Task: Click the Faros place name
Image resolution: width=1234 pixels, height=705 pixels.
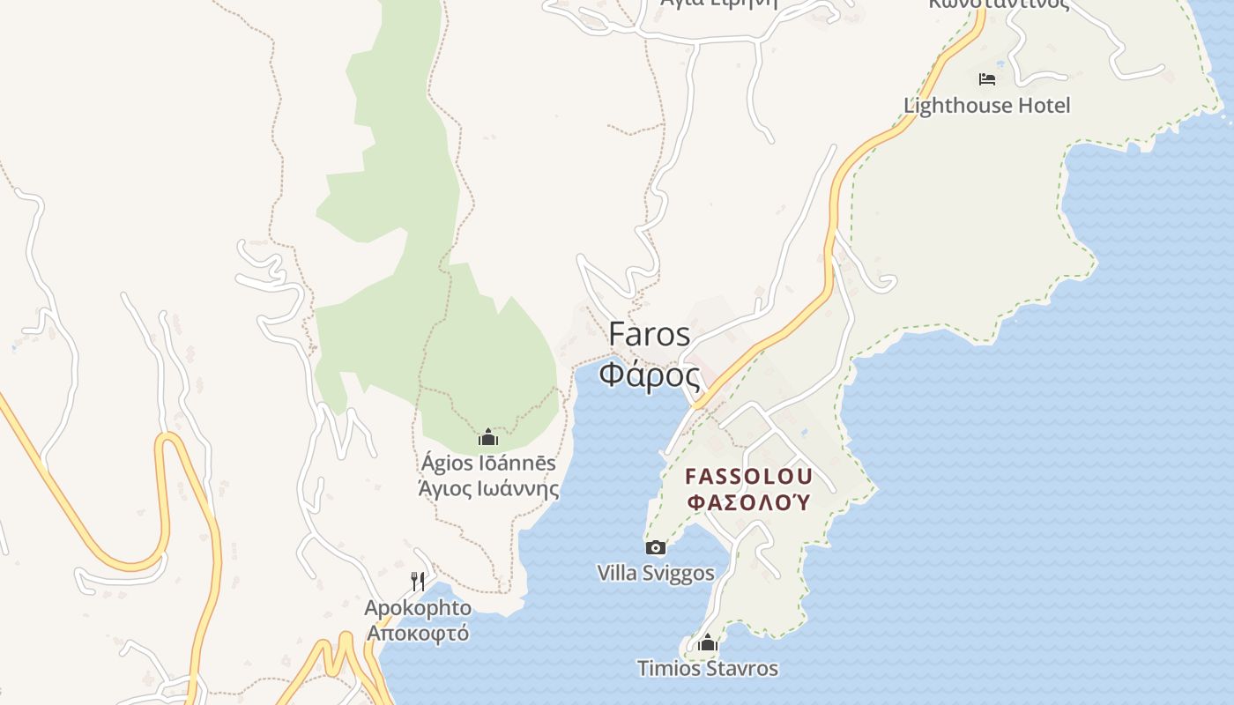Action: tap(650, 335)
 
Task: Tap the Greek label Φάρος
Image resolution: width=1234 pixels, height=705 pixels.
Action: tap(650, 375)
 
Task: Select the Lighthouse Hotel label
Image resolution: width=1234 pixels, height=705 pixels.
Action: tap(986, 106)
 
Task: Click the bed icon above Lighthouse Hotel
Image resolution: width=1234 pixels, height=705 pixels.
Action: tap(987, 79)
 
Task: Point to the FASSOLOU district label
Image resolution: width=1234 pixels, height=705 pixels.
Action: tap(748, 477)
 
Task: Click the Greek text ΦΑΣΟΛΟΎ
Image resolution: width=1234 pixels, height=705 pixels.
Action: tap(748, 502)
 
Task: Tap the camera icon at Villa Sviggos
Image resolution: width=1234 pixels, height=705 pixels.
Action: tap(655, 548)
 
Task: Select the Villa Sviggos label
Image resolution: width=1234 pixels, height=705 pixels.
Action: tap(655, 574)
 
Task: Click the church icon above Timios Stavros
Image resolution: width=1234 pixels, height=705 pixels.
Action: tap(707, 643)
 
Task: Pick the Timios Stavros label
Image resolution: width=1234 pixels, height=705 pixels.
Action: tap(707, 669)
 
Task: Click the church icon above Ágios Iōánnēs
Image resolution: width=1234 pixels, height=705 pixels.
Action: tap(487, 437)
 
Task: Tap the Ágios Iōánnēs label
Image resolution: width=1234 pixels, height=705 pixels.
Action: tap(487, 463)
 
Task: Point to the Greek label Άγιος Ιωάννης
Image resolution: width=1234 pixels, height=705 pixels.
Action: tap(487, 488)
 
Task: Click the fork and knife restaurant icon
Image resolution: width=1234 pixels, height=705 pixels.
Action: tap(418, 582)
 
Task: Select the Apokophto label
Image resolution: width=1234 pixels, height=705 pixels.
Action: tap(418, 608)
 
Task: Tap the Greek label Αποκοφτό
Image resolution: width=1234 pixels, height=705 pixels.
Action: tap(418, 633)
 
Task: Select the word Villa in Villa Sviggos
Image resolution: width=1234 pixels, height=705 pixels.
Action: tap(617, 574)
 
